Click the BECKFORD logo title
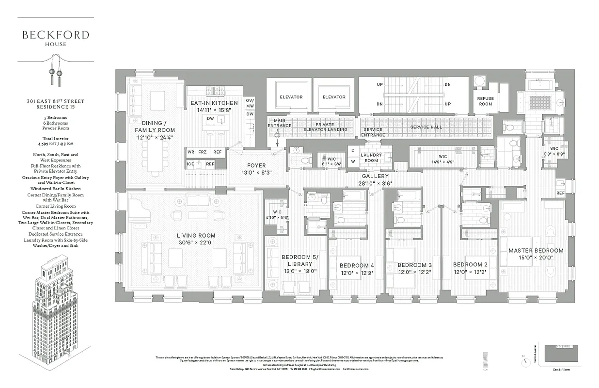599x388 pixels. [x=55, y=35]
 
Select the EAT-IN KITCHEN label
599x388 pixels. [x=214, y=103]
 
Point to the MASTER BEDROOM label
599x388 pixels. [x=536, y=251]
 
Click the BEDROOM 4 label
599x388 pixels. [x=357, y=265]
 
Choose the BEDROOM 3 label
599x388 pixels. [x=414, y=265]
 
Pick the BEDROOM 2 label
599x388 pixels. [x=470, y=265]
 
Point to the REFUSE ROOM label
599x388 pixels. [x=486, y=101]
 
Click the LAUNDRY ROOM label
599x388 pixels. [x=371, y=158]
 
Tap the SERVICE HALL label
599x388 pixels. [x=426, y=127]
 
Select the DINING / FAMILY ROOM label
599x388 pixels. [x=155, y=127]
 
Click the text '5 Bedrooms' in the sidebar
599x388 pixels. [x=55, y=117]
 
